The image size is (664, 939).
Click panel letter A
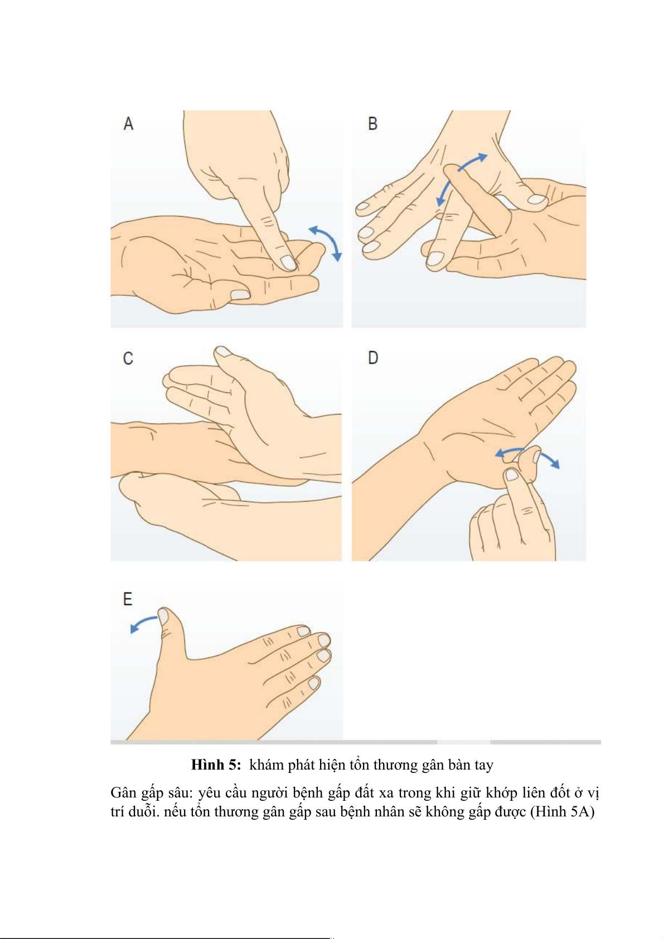(128, 124)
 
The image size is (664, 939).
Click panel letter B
(372, 124)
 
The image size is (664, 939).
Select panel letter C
(128, 358)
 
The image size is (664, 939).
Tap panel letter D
(373, 358)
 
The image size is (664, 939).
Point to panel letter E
(128, 599)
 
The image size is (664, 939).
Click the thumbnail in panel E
(163, 615)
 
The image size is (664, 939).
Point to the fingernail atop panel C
(223, 351)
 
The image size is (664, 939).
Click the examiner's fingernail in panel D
(512, 475)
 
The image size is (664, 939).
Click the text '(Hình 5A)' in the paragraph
(563, 811)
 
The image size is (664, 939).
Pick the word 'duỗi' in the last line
(142, 811)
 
